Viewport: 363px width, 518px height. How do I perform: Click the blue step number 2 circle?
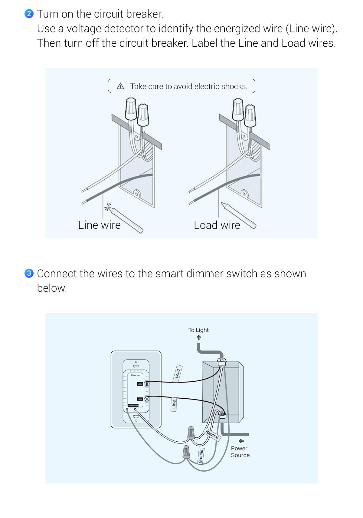point(29,14)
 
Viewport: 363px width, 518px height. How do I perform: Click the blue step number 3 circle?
point(29,273)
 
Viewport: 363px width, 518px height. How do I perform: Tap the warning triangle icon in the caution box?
point(120,86)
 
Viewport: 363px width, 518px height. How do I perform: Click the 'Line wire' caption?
point(99,225)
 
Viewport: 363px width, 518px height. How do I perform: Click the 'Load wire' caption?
point(217,225)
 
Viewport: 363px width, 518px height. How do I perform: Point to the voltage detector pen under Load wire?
point(239,215)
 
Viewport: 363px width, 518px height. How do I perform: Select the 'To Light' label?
point(198,330)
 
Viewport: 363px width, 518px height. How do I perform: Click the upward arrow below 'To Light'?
point(199,338)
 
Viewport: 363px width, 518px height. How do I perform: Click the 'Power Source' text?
point(240,452)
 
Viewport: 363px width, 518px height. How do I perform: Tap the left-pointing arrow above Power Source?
point(241,441)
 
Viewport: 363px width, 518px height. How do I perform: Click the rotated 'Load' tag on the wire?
point(178,373)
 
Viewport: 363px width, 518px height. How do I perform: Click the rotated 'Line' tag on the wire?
point(174,404)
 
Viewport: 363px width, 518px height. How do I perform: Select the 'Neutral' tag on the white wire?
point(212,435)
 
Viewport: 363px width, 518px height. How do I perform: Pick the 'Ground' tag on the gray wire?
point(201,456)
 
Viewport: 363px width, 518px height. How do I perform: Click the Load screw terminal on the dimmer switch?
point(147,384)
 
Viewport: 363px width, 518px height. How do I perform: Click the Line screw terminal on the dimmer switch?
point(147,399)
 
